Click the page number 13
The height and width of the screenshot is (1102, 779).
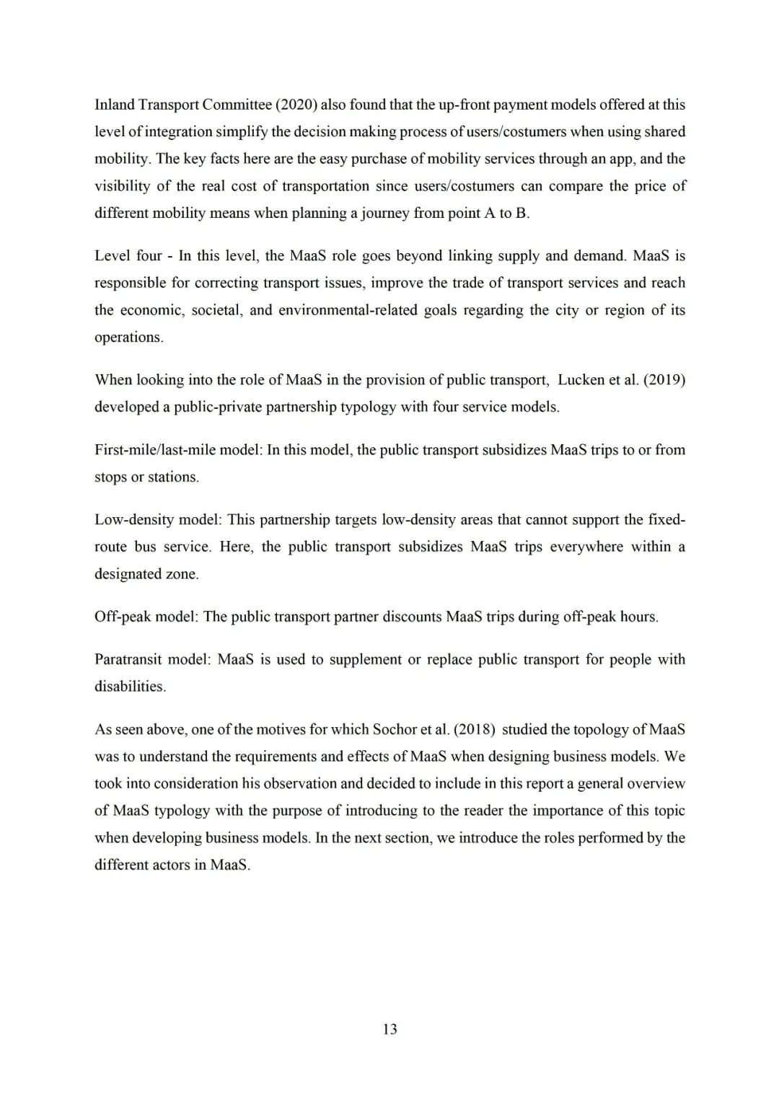point(389,1029)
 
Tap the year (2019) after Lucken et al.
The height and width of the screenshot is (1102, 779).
point(663,380)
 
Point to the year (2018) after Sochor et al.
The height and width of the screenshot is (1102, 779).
point(474,729)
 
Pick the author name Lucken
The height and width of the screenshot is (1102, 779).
point(581,380)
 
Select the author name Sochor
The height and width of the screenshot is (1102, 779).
point(394,729)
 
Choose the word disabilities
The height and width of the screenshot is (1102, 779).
point(130,687)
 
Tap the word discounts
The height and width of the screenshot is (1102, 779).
point(412,617)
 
